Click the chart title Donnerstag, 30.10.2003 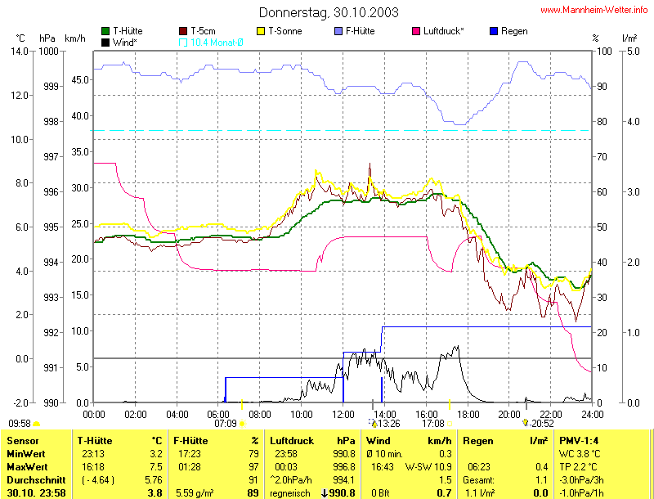pos(329,12)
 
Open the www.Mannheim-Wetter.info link pos(594,11)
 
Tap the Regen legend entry pos(513,31)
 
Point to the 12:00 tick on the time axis pos(343,413)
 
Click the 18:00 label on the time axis pos(468,413)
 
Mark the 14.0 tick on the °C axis pos(20,51)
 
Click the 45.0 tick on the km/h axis pos(79,80)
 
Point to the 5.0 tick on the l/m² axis pos(631,51)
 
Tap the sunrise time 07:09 pos(226,423)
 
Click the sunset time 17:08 pos(432,423)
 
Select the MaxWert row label pos(23,465)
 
